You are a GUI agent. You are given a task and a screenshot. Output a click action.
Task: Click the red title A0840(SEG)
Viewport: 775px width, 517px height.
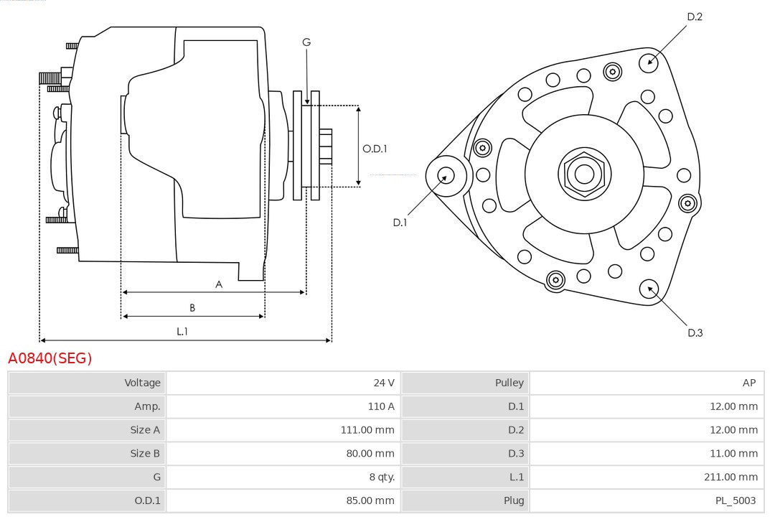50,358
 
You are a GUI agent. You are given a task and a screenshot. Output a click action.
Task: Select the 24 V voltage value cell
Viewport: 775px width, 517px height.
383,383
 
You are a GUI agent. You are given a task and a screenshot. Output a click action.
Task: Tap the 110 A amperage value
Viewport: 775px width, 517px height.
381,406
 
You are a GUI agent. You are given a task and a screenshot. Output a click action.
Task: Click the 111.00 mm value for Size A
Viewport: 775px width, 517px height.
367,430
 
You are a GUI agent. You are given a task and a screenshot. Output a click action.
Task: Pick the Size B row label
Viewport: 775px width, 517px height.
145,453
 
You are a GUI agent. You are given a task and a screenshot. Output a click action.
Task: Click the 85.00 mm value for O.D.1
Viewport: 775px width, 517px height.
370,500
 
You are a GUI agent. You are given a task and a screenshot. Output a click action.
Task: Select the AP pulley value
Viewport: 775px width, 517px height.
749,383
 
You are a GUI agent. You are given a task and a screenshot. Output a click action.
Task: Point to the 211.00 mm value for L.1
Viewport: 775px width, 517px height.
730,477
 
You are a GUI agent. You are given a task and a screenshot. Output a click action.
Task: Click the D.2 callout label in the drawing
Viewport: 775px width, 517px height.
695,17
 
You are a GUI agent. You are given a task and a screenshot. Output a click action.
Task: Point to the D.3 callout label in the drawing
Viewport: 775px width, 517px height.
695,332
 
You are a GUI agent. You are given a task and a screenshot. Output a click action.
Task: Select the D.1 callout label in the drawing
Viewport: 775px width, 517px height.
400,223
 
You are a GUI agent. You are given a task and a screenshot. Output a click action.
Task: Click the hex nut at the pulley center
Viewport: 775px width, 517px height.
584,174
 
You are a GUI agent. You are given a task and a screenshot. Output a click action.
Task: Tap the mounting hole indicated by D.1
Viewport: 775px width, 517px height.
446,174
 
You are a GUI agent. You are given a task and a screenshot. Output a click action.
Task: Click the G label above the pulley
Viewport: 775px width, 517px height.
306,42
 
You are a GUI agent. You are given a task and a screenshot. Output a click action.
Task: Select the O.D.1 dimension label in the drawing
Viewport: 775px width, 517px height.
375,149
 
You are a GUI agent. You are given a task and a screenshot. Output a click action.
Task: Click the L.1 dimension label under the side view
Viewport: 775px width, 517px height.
182,331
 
